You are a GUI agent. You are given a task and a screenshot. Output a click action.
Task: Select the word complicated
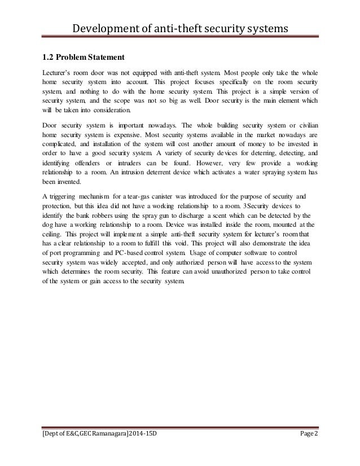click(59, 144)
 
